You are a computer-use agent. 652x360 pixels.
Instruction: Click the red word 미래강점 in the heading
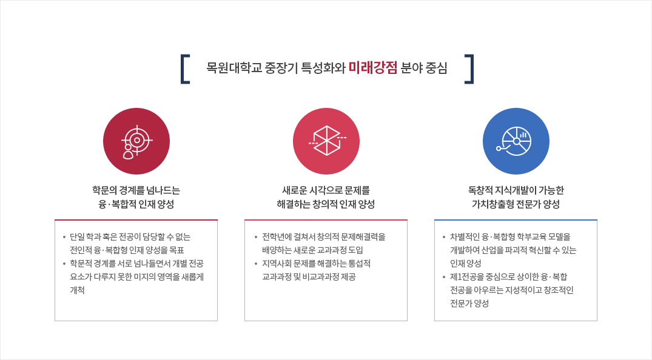tap(373, 67)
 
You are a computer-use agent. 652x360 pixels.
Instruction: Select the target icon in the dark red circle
tap(136, 142)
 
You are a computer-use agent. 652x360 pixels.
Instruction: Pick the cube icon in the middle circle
tap(327, 141)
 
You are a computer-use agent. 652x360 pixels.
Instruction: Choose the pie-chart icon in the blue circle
tap(515, 141)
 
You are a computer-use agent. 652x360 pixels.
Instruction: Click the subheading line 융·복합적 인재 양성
tap(136, 204)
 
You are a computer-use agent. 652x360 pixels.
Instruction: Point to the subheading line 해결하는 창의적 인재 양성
tap(326, 204)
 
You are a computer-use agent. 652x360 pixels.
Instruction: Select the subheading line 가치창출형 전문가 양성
tap(516, 204)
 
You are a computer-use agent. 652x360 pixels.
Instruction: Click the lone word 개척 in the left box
tap(78, 290)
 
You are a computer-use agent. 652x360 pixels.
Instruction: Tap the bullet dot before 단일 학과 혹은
tap(64, 238)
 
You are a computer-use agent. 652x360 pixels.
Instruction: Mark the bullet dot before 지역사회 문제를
tap(256, 264)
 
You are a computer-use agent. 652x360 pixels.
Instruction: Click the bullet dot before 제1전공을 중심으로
tap(444, 278)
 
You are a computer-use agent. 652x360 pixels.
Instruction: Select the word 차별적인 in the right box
tap(465, 237)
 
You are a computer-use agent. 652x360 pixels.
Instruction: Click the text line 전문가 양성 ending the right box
tap(469, 304)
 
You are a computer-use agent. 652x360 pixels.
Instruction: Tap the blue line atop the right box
tap(516, 220)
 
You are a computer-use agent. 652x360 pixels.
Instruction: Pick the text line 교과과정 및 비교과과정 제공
tap(309, 277)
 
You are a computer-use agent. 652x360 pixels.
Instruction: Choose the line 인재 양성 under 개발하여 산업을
tap(466, 264)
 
